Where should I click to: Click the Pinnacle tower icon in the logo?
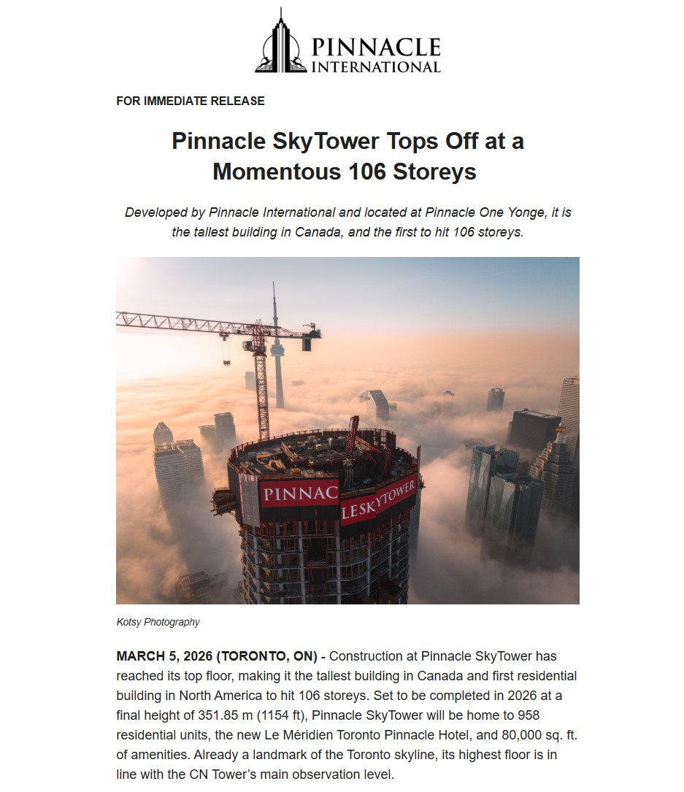280,43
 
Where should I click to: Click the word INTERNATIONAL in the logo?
375,67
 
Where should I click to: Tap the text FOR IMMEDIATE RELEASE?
190,101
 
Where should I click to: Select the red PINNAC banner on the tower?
299,494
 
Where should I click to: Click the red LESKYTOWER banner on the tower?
378,500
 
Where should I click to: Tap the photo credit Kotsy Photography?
158,623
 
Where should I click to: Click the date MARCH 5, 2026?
164,656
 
